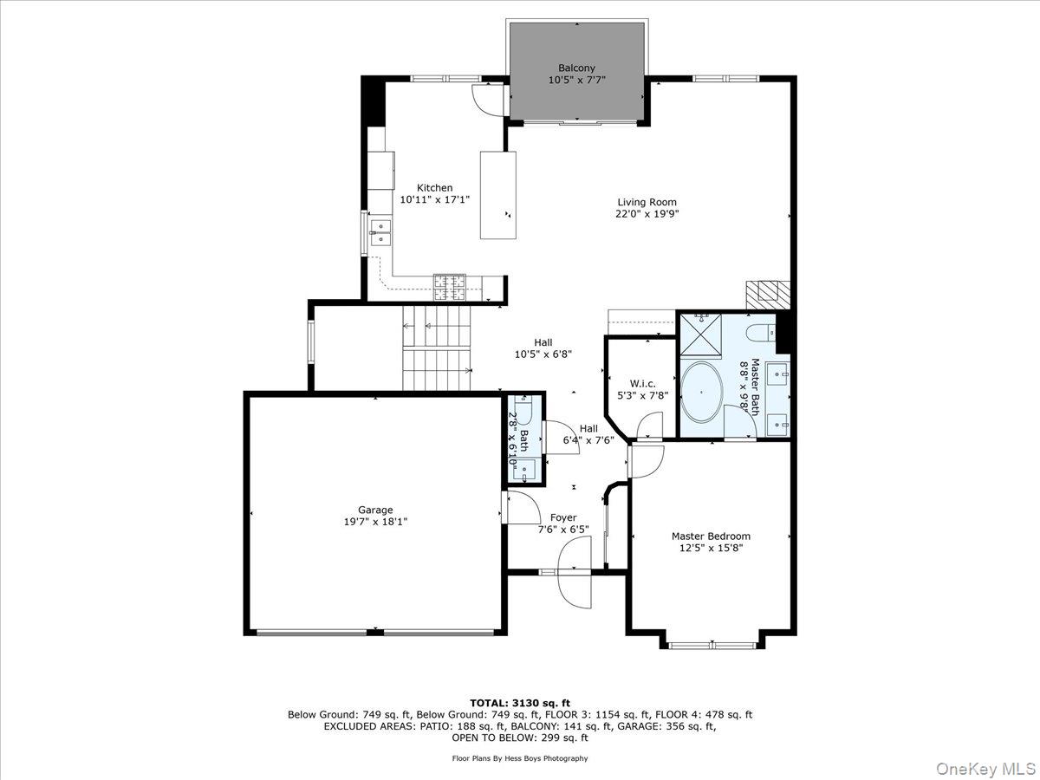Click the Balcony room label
576,68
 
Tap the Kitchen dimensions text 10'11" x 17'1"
434,199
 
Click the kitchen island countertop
498,195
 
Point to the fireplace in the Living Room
769,294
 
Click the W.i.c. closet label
642,383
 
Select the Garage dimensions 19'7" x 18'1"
376,522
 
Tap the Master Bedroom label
711,536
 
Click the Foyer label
563,517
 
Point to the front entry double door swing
574,572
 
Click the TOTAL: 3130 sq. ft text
519,702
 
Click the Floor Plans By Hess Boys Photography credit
519,758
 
